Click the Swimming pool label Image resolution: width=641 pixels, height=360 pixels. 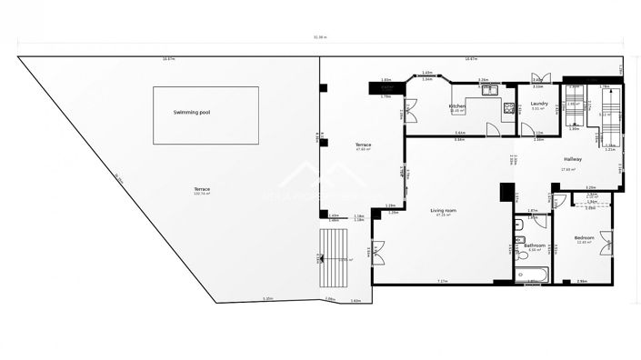point(192,112)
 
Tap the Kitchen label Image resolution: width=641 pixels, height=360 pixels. point(457,106)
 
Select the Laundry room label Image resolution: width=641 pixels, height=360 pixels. point(538,104)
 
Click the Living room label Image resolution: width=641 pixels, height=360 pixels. point(443,210)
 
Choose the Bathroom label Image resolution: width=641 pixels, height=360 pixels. point(535,245)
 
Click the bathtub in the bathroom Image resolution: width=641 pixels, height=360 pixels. point(530,275)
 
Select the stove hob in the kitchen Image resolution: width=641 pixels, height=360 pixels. point(508,106)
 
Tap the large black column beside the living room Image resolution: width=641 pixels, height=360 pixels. point(507,192)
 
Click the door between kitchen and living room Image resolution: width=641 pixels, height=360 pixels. point(492,130)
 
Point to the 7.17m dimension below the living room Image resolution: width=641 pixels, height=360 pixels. point(443,281)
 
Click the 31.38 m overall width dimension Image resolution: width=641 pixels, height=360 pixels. point(320,37)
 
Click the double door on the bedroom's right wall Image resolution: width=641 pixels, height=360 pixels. point(606,242)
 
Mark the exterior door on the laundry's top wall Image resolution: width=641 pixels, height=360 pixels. point(538,79)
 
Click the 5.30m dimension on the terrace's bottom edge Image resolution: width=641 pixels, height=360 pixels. point(268,299)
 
